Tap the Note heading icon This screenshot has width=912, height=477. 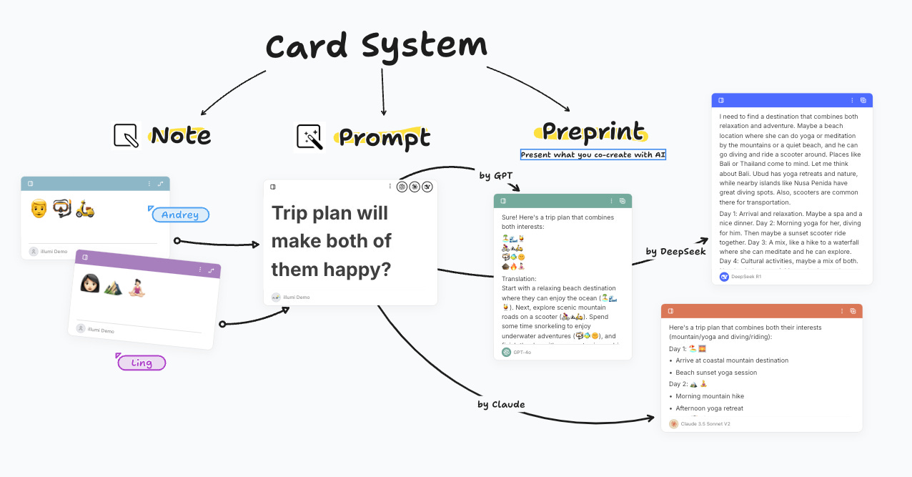click(x=127, y=135)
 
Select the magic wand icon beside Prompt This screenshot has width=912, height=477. click(x=310, y=137)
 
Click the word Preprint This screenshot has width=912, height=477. click(x=593, y=132)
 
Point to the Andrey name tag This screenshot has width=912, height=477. click(x=180, y=215)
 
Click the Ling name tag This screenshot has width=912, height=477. click(x=142, y=363)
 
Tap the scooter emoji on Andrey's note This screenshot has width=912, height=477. click(x=85, y=208)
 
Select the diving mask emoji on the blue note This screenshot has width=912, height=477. click(x=61, y=208)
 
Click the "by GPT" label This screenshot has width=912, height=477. click(x=495, y=175)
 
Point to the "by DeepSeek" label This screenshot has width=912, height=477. click(x=675, y=251)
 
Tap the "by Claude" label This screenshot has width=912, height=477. click(x=501, y=404)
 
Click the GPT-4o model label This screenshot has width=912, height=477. click(x=523, y=352)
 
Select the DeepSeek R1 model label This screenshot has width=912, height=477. click(x=746, y=276)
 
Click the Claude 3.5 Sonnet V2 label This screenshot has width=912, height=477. click(x=705, y=423)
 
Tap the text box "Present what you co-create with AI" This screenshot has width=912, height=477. click(x=593, y=154)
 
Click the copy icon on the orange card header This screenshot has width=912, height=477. click(x=853, y=311)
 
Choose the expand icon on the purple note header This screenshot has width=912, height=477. click(x=211, y=270)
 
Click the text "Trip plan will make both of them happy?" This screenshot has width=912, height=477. click(x=332, y=241)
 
